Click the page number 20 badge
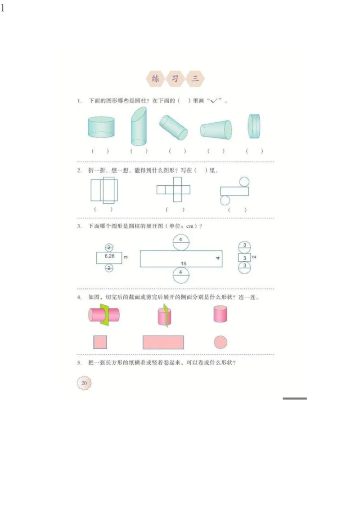click(x=84, y=383)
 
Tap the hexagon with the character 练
click(x=156, y=79)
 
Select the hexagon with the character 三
click(x=195, y=79)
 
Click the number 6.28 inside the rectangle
click(x=108, y=256)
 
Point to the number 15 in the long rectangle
click(x=184, y=263)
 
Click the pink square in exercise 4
click(x=100, y=342)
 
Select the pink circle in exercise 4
click(x=220, y=342)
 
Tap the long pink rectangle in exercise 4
click(x=163, y=342)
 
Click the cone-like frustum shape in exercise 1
click(x=216, y=129)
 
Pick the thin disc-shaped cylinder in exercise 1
click(x=254, y=126)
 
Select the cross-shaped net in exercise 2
click(x=173, y=190)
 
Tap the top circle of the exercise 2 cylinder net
click(x=244, y=182)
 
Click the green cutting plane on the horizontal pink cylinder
click(x=106, y=314)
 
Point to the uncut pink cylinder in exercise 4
click(x=220, y=314)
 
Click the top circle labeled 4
click(x=180, y=241)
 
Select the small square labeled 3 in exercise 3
click(x=244, y=258)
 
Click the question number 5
click(x=79, y=363)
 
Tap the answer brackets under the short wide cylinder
click(x=100, y=152)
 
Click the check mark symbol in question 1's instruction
click(x=214, y=101)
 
